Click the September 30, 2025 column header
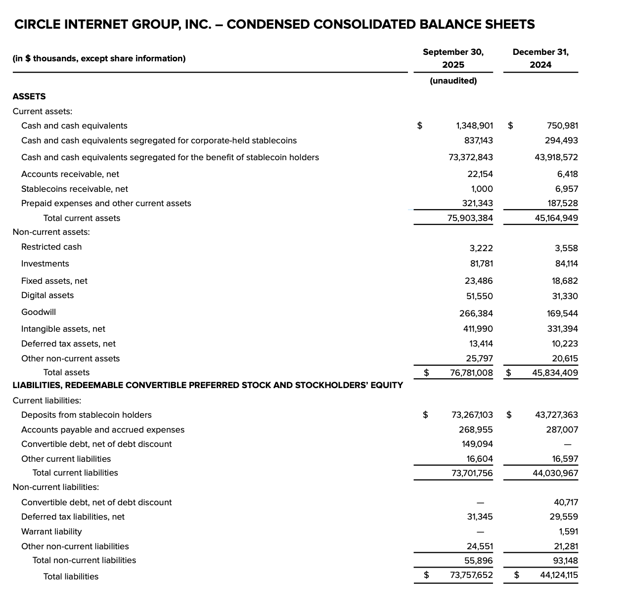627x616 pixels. pos(453,58)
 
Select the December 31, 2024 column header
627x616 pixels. pos(540,58)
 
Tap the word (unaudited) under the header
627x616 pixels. pos(453,81)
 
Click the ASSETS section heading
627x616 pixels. pos(29,96)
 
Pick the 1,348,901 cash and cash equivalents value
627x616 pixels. pos(474,126)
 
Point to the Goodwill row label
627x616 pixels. pos(39,312)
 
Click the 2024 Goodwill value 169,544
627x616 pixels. pos(563,313)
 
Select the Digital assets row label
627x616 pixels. pos(47,295)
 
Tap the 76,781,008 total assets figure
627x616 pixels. pos(471,373)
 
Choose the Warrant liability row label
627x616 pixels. pos(51,531)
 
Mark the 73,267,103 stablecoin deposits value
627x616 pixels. pos(472,415)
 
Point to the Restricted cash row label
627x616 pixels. pos(51,247)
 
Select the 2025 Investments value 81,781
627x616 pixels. pos(481,264)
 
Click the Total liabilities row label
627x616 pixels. pos(71,576)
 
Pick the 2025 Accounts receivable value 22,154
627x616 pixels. pos(480,174)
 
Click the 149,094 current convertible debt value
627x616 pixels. pos(477,444)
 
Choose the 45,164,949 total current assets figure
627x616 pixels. pos(556,218)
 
